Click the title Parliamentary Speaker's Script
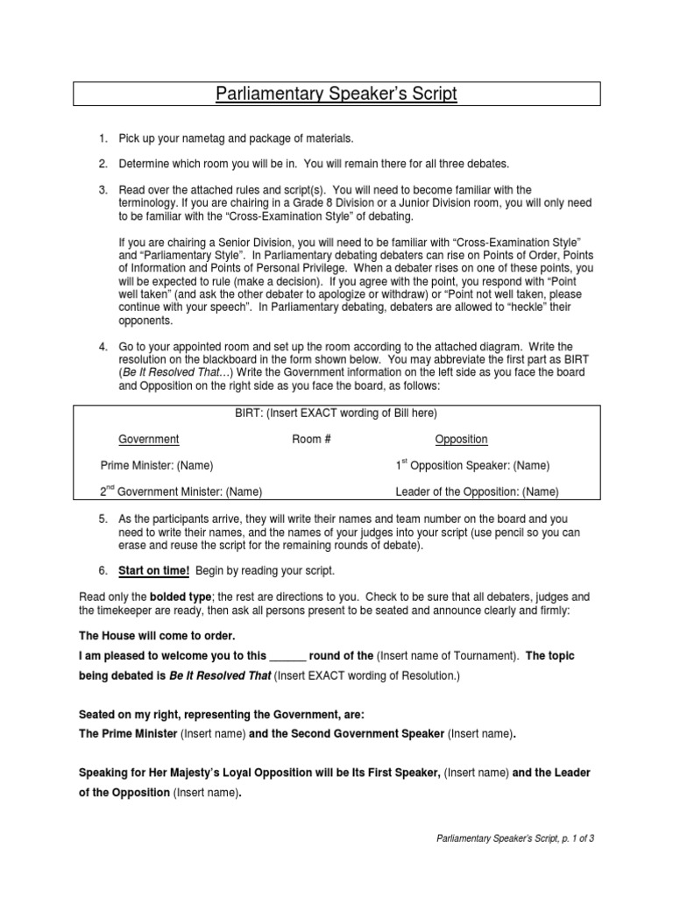pyautogui.click(x=336, y=95)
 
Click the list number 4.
pyautogui.click(x=103, y=348)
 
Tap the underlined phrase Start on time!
pyautogui.click(x=154, y=570)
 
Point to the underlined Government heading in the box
pyautogui.click(x=149, y=439)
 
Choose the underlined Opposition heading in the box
pyautogui.click(x=461, y=439)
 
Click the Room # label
pyautogui.click(x=311, y=439)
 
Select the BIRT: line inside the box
pyautogui.click(x=336, y=413)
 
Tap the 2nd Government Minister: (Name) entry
pyautogui.click(x=181, y=491)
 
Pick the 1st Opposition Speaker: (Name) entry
pyautogui.click(x=472, y=465)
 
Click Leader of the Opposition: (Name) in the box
pyautogui.click(x=477, y=491)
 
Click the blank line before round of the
pyautogui.click(x=287, y=655)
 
